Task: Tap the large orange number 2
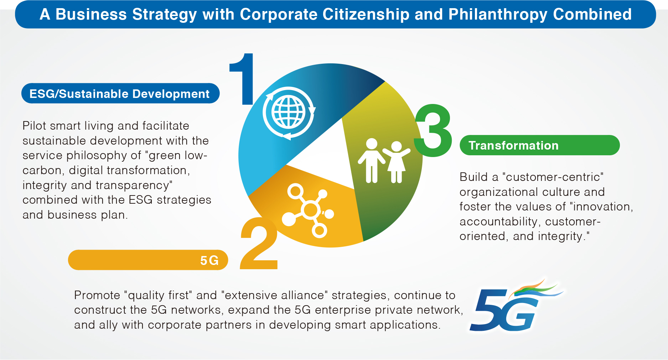[x=259, y=243]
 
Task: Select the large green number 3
[x=433, y=130]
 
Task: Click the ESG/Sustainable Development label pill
[x=120, y=93]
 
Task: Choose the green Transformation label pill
[x=540, y=145]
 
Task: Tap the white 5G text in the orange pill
[x=209, y=260]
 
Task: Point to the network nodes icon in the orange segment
[x=308, y=210]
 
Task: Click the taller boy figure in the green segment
[x=372, y=161]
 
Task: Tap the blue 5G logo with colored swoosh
[x=517, y=306]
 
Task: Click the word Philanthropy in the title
[x=498, y=15]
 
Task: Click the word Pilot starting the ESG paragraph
[x=34, y=126]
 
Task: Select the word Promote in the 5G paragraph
[x=97, y=295]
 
